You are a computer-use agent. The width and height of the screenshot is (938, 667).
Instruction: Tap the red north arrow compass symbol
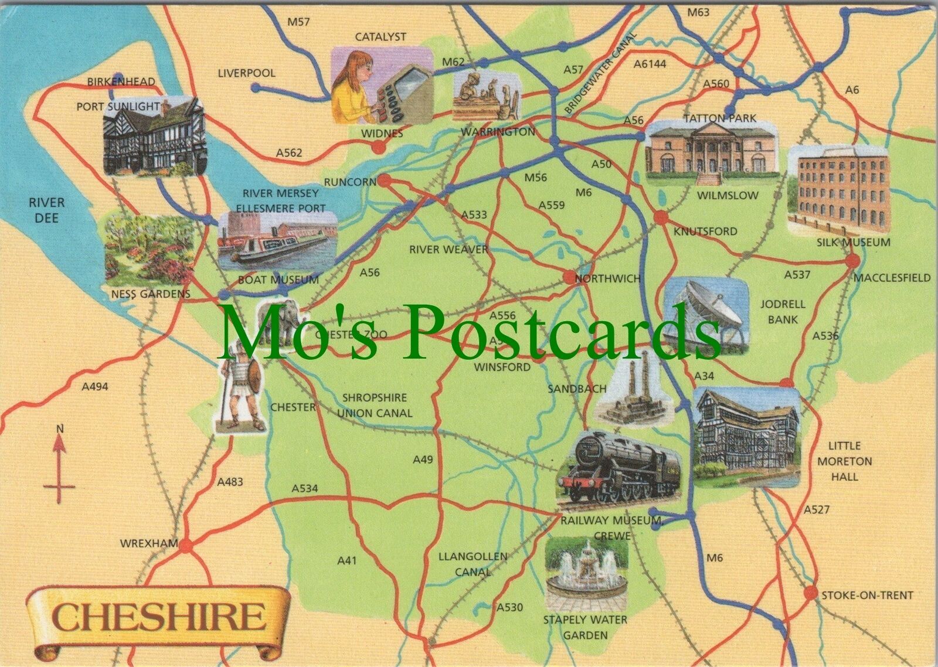(59, 463)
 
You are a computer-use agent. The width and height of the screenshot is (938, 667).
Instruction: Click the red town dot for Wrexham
(186, 546)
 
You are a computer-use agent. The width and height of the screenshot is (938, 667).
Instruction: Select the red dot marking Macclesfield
(853, 261)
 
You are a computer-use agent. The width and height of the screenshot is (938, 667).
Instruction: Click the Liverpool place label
(246, 73)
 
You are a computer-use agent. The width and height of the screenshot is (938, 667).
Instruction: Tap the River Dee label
(47, 210)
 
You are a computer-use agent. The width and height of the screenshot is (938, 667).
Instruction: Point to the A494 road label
(95, 387)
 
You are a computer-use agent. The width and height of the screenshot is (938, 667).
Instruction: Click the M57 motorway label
(298, 22)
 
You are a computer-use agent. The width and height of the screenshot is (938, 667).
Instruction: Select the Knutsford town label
(705, 232)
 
